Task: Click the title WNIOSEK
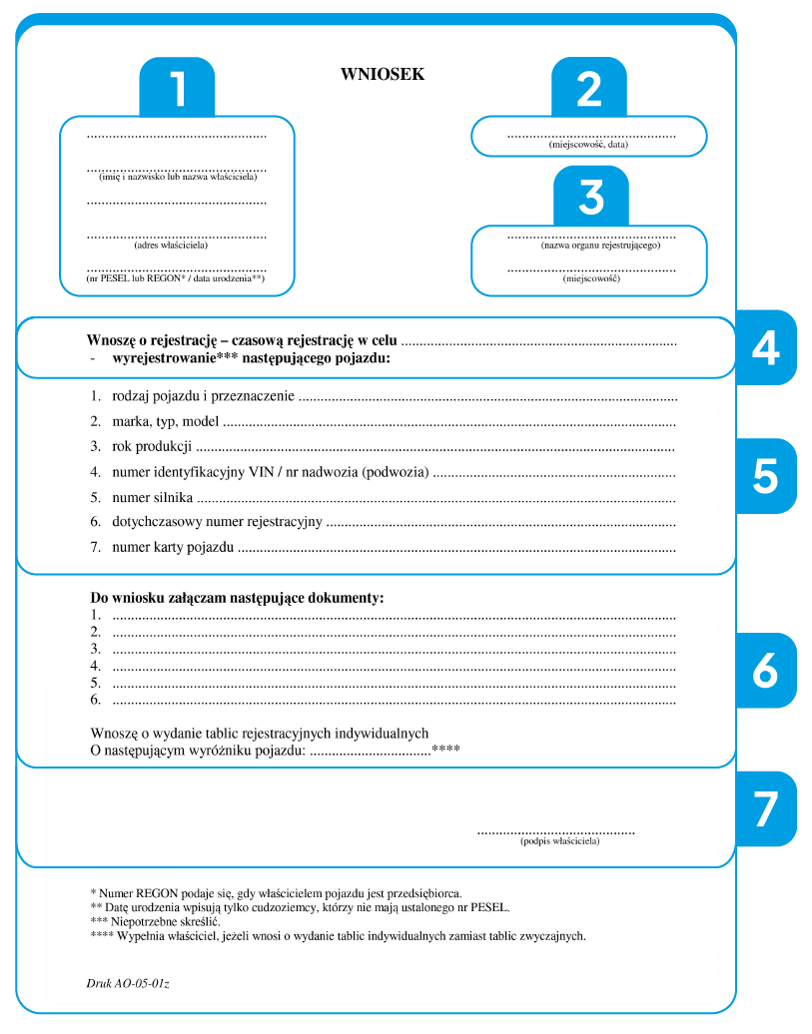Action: (x=383, y=74)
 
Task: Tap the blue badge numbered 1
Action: (x=177, y=89)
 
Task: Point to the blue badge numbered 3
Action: (x=591, y=198)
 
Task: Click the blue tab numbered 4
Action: (x=765, y=347)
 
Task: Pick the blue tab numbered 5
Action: (x=765, y=477)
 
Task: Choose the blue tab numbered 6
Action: (x=765, y=671)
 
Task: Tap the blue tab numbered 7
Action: (x=765, y=808)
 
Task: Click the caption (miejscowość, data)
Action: (x=588, y=145)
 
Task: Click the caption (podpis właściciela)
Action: (x=559, y=841)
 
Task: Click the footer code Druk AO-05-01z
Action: (x=127, y=983)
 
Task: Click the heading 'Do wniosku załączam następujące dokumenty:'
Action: (x=237, y=598)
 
